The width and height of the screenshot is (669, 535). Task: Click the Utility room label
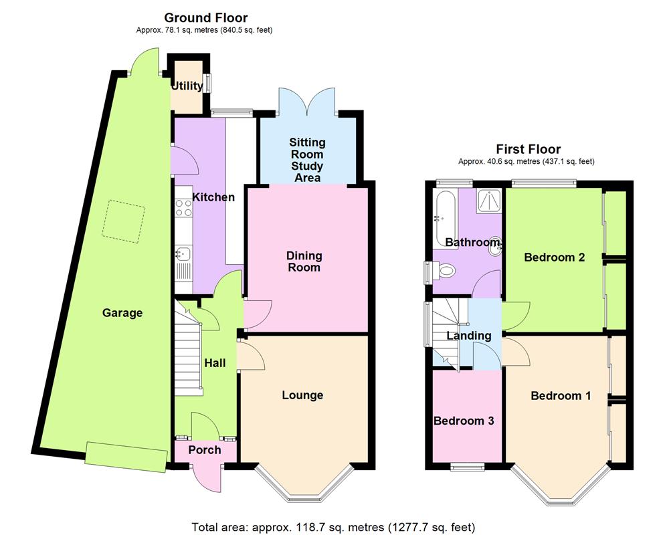(187, 86)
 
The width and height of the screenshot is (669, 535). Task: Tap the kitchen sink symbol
(183, 253)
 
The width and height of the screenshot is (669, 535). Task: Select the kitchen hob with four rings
(183, 209)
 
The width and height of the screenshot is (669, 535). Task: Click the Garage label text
(122, 312)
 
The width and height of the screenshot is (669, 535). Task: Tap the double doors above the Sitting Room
(307, 100)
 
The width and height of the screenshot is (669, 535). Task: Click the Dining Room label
(304, 261)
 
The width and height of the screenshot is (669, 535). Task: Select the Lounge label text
(302, 395)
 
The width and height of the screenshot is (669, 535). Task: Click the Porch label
(204, 450)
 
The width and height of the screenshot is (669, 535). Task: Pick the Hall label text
(215, 363)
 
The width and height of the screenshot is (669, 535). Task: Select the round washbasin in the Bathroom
(496, 245)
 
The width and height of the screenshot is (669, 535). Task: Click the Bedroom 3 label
(464, 421)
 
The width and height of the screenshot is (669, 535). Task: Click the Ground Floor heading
(205, 18)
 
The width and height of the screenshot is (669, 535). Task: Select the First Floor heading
(528, 149)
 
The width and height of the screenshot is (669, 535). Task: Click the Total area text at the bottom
(333, 527)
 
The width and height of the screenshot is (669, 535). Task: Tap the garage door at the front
(126, 457)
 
